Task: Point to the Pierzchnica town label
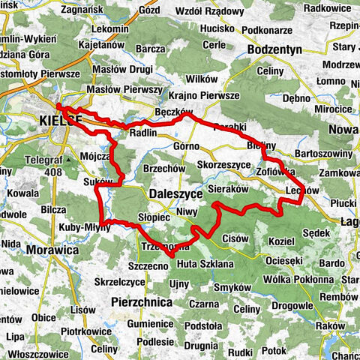140,301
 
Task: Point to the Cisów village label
235,238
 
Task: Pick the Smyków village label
231,287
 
